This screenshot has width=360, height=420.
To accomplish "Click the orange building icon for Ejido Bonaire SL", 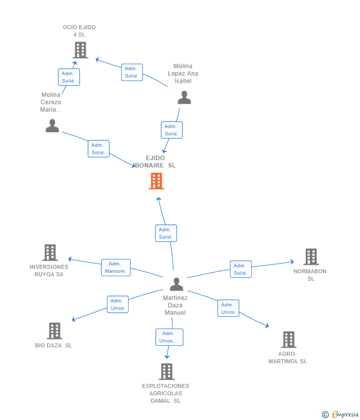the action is [157, 181].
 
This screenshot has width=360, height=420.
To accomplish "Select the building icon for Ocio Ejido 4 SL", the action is [81, 50].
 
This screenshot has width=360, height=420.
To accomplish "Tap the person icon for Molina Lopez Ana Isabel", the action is [184, 97].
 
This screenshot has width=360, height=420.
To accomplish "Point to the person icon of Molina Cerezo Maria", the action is [52, 126].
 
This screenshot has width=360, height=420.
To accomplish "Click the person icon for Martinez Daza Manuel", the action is [177, 284].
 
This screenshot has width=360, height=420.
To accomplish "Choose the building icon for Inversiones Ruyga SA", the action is [50, 252].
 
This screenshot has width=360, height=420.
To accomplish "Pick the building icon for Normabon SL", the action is [311, 257].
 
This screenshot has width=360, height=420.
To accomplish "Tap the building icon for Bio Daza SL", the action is [55, 331].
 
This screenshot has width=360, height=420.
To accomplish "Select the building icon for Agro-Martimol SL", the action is [289, 339].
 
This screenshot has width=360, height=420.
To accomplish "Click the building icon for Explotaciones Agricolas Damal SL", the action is [167, 372].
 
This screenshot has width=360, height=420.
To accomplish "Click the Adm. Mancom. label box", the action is [116, 268].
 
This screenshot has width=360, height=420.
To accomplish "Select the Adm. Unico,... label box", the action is [170, 337].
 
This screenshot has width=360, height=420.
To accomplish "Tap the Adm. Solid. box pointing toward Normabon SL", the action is [241, 269].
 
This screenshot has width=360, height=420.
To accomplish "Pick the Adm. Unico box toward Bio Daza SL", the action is [118, 304].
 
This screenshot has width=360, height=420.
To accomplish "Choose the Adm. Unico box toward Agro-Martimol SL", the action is [228, 308].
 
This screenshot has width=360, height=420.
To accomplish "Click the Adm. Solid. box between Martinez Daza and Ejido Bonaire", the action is [166, 233].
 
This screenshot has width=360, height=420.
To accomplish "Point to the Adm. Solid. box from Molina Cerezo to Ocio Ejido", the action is [69, 77].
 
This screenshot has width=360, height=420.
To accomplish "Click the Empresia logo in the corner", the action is [340, 415].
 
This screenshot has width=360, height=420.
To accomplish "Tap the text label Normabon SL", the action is [310, 275].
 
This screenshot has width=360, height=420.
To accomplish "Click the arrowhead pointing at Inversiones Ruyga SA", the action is [70, 259].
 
